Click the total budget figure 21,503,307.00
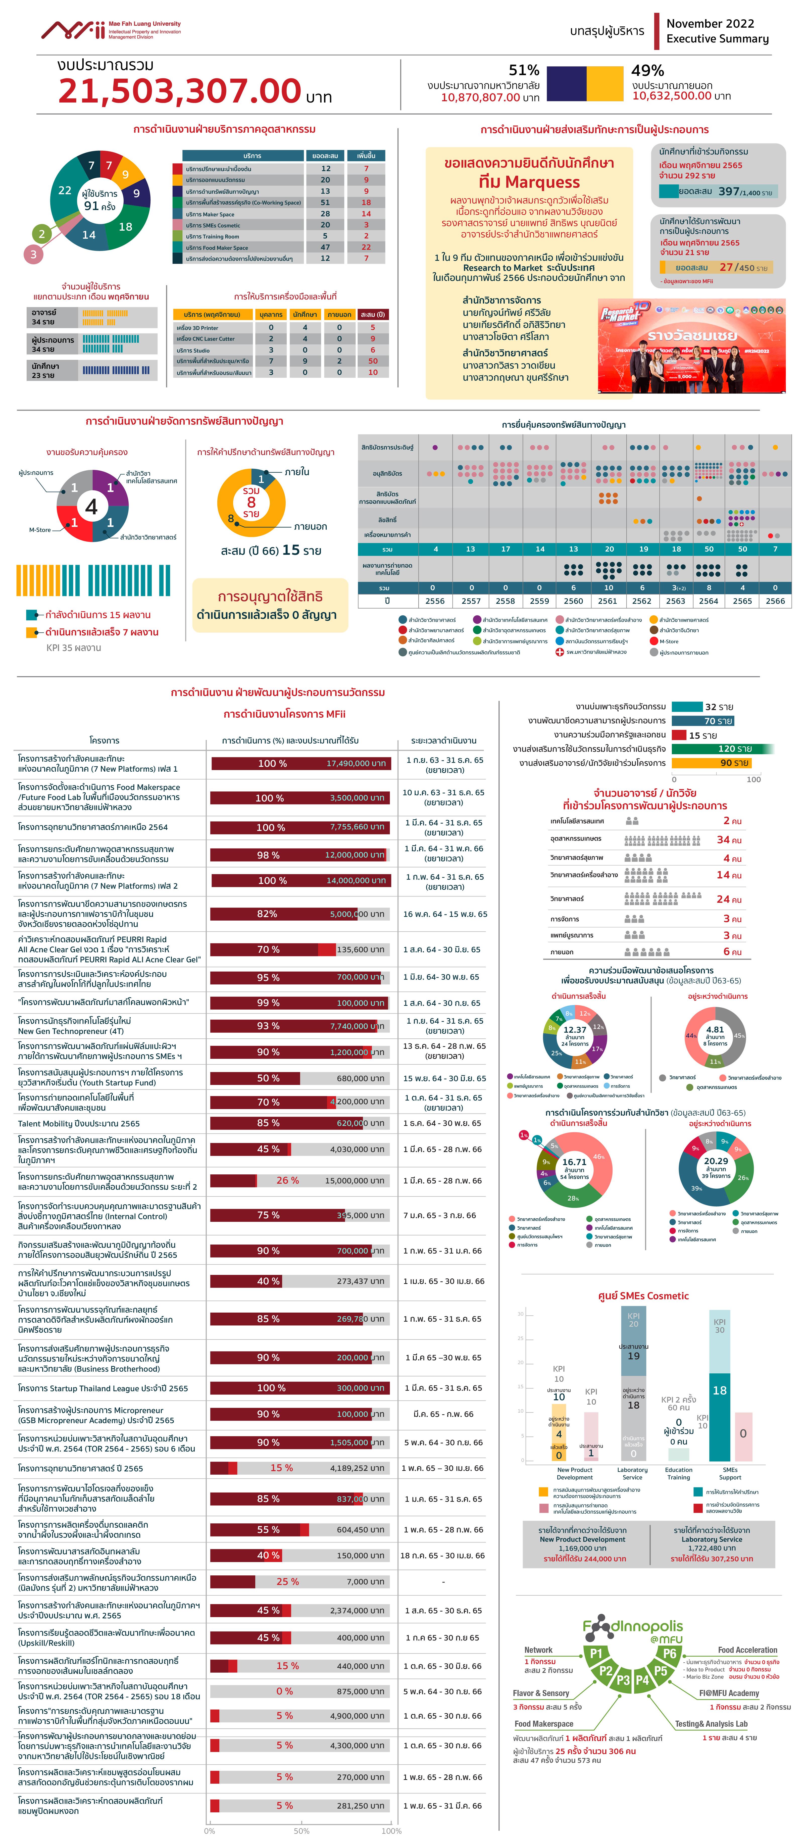coord(179,91)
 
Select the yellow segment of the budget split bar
coord(605,84)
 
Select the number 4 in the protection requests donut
coord(92,507)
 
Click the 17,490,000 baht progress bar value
coord(356,763)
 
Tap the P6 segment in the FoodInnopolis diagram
coord(669,1654)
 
